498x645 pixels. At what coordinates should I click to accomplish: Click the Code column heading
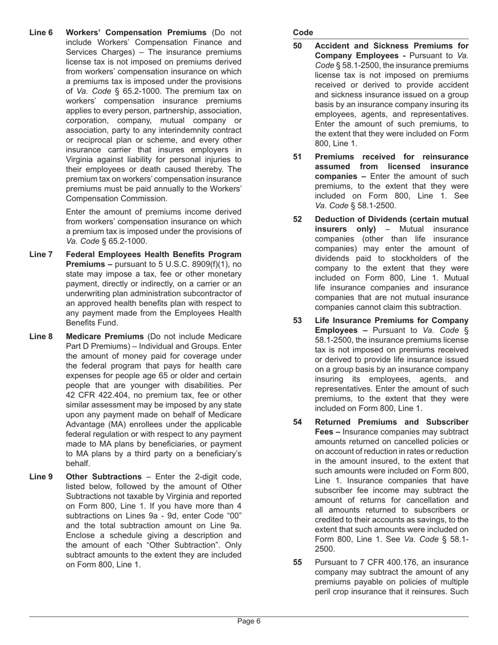click(303, 33)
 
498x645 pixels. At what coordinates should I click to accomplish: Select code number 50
click(297, 46)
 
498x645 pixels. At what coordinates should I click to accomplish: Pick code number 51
click(297, 157)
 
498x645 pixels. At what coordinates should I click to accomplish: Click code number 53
click(297, 320)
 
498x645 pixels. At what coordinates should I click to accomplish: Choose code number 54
click(297, 422)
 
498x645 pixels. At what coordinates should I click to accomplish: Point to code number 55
click(297, 563)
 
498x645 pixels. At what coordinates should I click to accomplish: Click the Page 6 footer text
click(249, 621)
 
